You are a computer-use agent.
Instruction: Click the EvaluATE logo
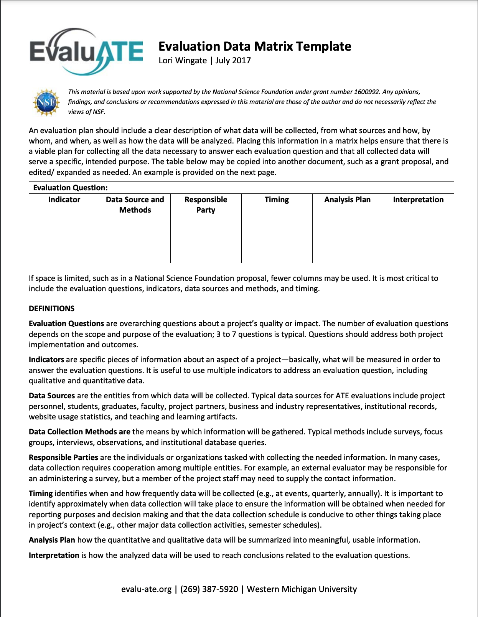(x=86, y=51)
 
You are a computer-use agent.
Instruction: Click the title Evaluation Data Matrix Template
(x=255, y=46)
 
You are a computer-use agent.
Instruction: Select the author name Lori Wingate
(x=183, y=61)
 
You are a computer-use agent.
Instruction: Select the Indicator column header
(x=64, y=200)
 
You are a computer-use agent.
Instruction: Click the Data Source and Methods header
(x=135, y=205)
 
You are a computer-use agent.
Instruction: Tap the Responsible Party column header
(x=206, y=205)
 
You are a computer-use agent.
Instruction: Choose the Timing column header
(x=277, y=200)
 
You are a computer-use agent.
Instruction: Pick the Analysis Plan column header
(x=347, y=200)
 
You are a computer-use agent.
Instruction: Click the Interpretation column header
(x=418, y=200)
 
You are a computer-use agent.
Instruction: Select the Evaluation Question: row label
(x=70, y=188)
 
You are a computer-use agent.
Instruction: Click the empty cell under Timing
(x=277, y=239)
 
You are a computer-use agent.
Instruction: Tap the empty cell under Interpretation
(x=418, y=239)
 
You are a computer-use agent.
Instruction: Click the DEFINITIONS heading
(x=51, y=309)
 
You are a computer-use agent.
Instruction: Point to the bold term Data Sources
(x=52, y=396)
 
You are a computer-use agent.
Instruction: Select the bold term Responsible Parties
(x=63, y=457)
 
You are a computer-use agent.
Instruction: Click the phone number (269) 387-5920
(x=209, y=589)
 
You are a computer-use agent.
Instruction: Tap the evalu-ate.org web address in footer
(x=146, y=589)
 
